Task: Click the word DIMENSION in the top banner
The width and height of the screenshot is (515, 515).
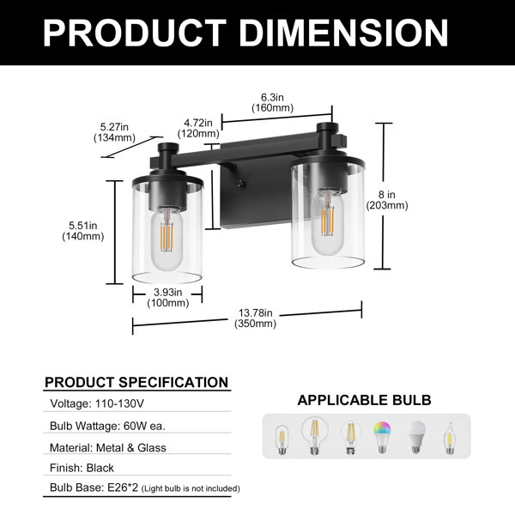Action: coord(343,33)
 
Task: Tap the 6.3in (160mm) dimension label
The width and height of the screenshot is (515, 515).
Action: coord(273,102)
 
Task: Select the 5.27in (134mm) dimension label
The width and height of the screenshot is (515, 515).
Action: coord(114,132)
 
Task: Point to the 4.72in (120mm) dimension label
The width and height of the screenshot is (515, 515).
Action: coord(198,128)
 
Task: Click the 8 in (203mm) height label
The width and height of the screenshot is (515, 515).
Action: coord(387,200)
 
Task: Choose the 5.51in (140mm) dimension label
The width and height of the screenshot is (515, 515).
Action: coord(83,231)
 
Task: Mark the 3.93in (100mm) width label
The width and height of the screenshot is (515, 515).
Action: coord(168,298)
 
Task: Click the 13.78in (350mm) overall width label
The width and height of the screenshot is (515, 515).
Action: coord(255,318)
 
